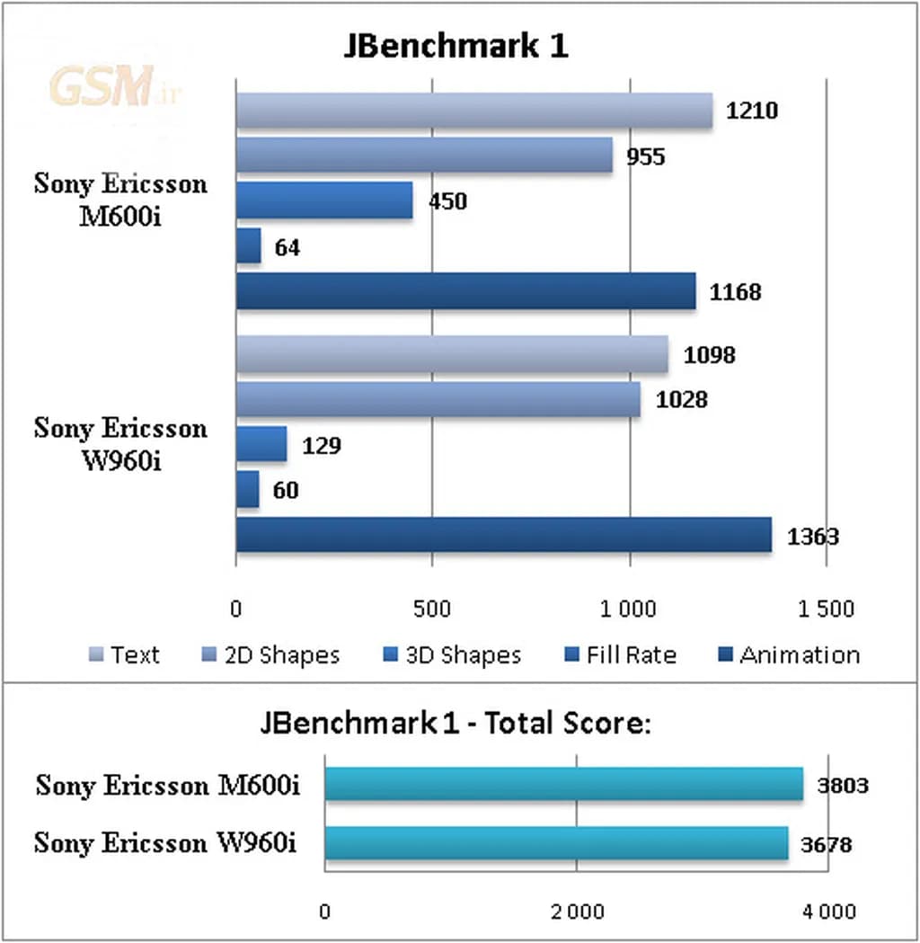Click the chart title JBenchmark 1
click(456, 46)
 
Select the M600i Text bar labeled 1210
click(474, 111)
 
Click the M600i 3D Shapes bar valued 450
click(324, 200)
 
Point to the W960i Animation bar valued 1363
click(503, 535)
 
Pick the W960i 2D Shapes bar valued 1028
click(438, 399)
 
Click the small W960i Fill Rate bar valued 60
click(247, 489)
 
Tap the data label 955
click(646, 157)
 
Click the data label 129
click(321, 445)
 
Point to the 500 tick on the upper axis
click(432, 609)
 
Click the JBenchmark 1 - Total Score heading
click(456, 723)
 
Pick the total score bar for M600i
click(563, 784)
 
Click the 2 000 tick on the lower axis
click(577, 912)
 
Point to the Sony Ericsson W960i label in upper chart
click(120, 441)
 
